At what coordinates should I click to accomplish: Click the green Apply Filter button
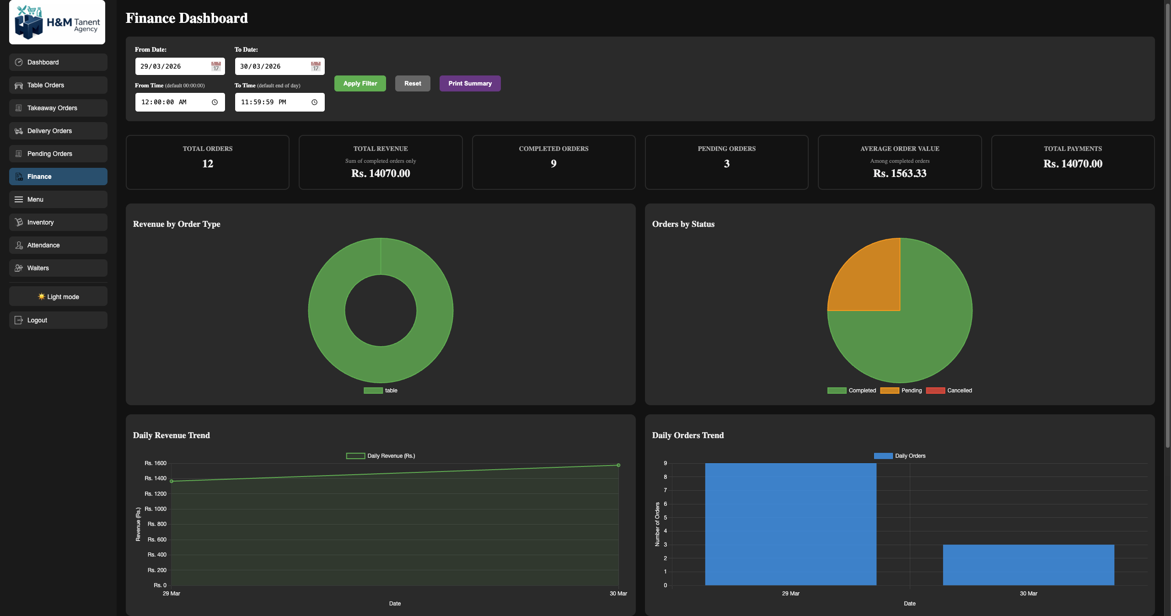tap(360, 83)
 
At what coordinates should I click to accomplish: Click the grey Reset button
tap(413, 83)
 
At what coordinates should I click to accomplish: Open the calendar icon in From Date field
tap(216, 67)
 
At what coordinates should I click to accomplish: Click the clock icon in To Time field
tap(314, 102)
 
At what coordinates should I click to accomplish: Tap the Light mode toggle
tap(58, 297)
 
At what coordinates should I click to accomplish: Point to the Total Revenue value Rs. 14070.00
tap(381, 173)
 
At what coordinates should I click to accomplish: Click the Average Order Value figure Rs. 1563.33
tap(899, 173)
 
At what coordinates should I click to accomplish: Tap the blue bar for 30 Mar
tap(1028, 565)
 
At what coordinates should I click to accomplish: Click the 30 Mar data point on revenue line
tap(618, 465)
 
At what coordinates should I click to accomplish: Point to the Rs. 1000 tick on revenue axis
tap(156, 509)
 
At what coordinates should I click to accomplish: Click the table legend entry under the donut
tap(381, 391)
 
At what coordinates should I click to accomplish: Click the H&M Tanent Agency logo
tap(57, 22)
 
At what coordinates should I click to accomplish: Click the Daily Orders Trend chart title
tap(688, 435)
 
